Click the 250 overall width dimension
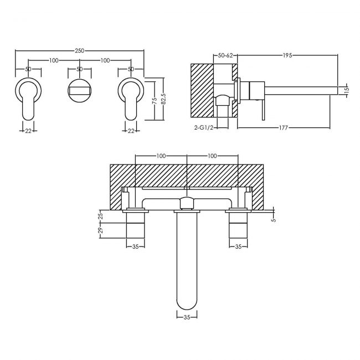tap(79, 50)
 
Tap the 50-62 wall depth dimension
tap(226, 55)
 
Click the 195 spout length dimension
tap(288, 55)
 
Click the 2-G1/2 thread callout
tap(203, 127)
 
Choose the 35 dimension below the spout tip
tap(186, 317)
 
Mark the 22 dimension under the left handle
tap(28, 131)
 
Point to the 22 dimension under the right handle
tap(131, 131)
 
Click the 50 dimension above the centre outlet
tap(79, 69)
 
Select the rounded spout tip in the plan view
tap(186, 299)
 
